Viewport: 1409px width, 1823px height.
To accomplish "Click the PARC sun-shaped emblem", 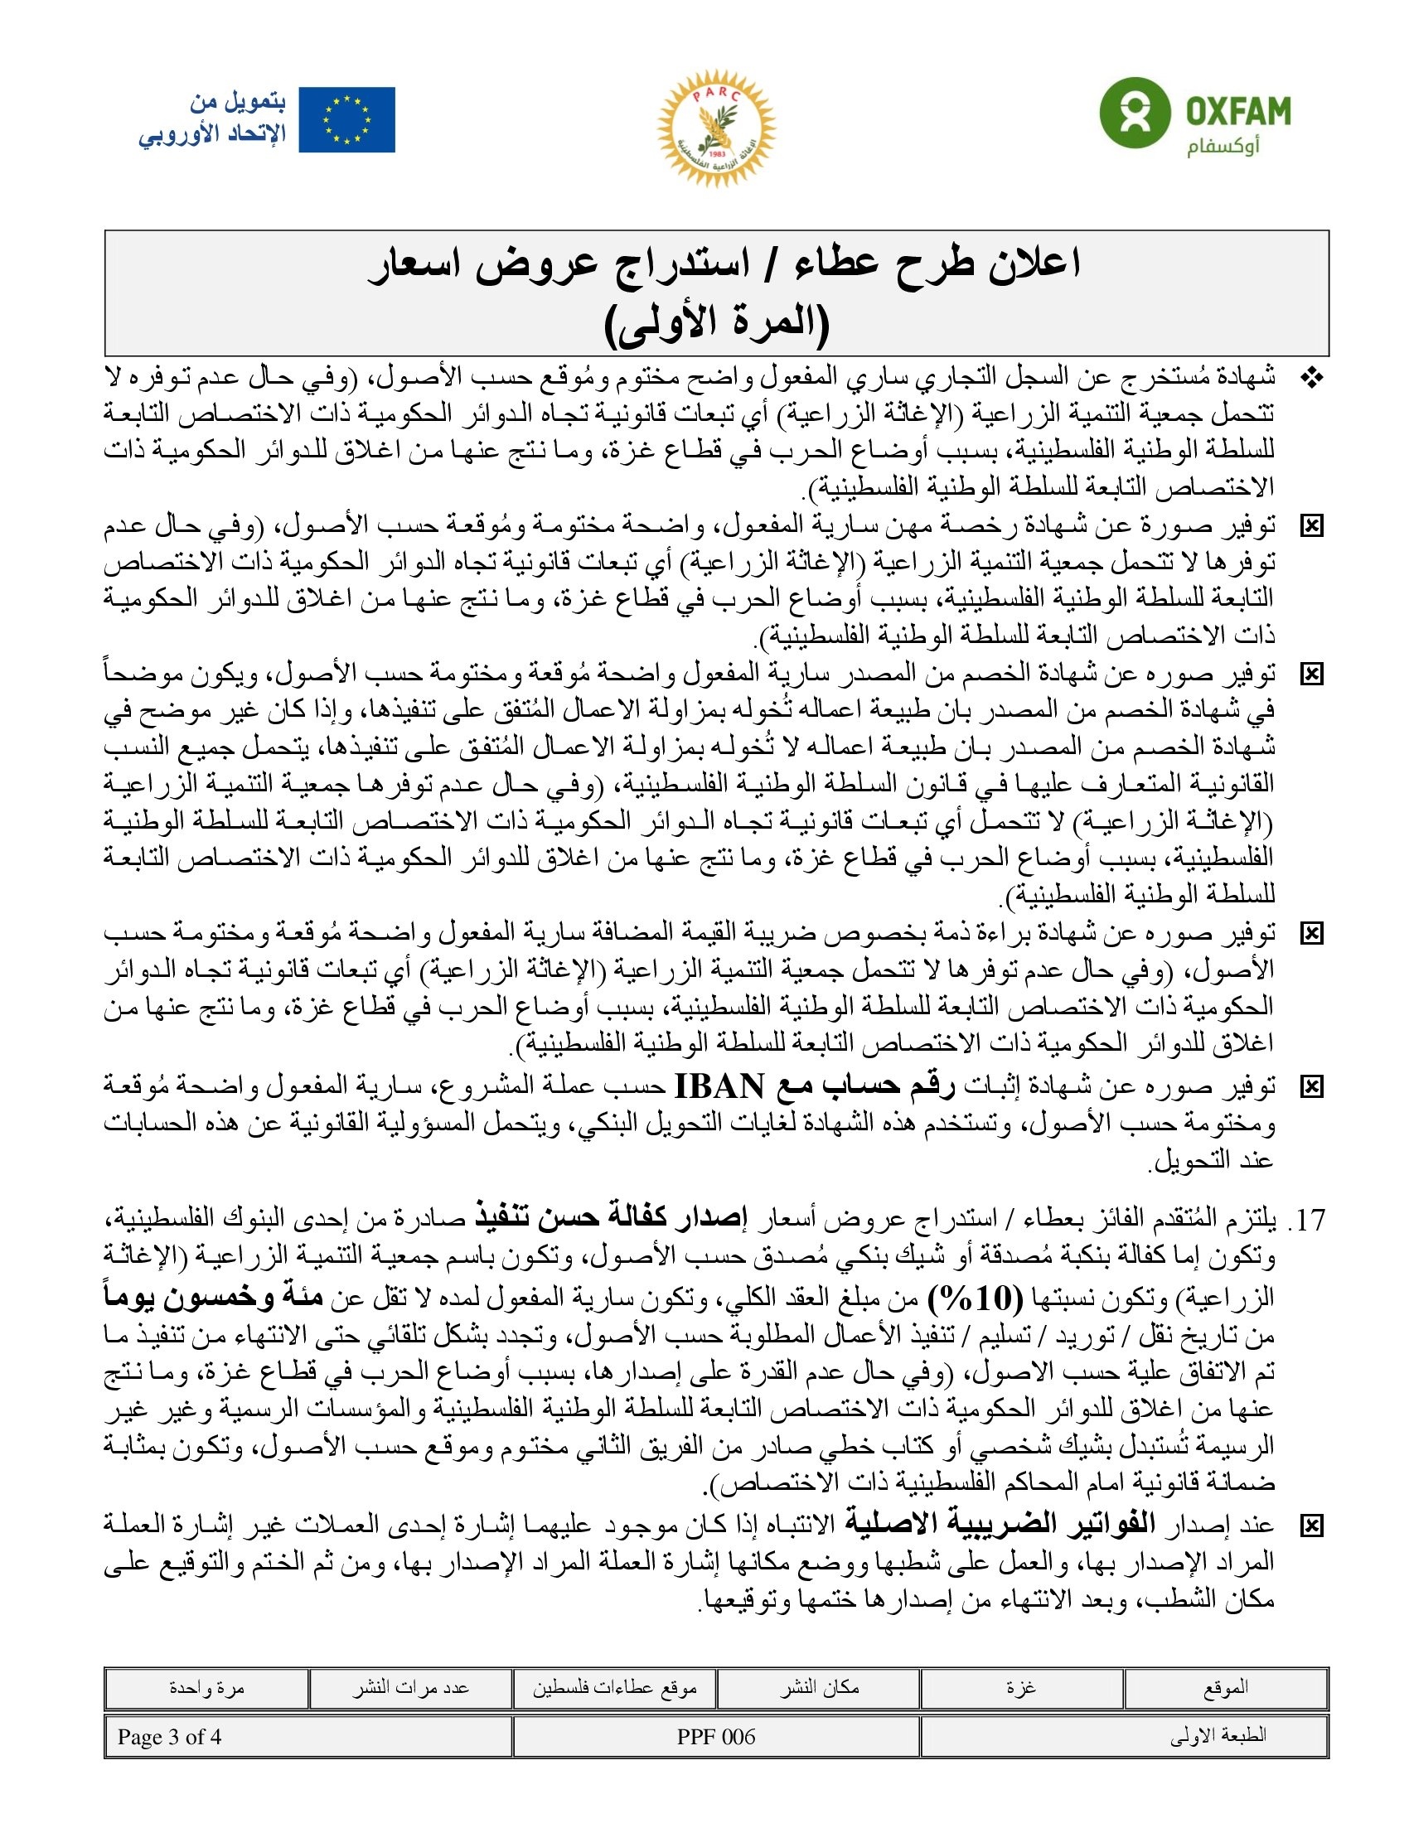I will click(716, 128).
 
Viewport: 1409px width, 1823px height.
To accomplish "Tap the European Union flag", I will click(346, 120).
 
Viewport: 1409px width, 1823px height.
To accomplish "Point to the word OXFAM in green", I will click(1238, 110).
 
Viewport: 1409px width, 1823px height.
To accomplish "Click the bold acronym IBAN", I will click(719, 1087).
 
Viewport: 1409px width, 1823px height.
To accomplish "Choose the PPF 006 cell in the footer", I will click(716, 1737).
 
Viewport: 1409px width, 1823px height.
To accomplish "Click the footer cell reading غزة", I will click(1022, 1688).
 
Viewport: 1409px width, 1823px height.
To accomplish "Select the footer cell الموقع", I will click(1225, 1688).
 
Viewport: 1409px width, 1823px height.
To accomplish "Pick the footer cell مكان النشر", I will click(819, 1688).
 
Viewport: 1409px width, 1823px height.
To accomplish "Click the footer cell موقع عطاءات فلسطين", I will click(614, 1688).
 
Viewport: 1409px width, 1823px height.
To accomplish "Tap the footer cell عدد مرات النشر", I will click(409, 1688).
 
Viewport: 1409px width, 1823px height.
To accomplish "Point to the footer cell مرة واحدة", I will click(206, 1688).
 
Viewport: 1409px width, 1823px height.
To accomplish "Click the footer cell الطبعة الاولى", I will click(1218, 1737).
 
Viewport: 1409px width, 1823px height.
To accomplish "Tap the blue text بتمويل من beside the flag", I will click(238, 103).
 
